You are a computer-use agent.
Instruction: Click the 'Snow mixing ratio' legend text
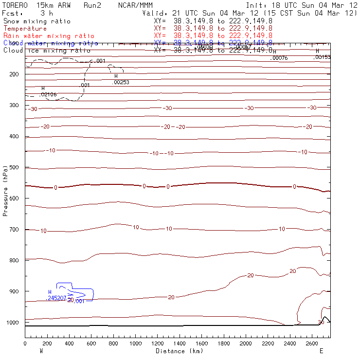coord(36,21)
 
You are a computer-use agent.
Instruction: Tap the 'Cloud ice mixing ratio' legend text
coord(47,50)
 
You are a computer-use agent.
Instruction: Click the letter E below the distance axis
coord(321,351)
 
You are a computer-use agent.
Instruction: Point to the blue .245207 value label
coord(57,298)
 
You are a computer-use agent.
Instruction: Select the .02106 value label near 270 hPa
coord(48,94)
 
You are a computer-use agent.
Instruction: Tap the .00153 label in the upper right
coord(323,57)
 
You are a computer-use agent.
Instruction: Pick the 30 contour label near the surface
coord(321,323)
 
